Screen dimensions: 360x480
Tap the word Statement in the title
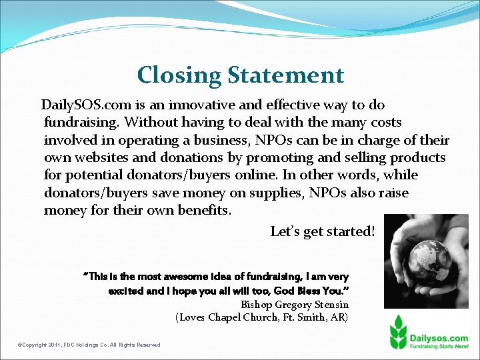(x=286, y=75)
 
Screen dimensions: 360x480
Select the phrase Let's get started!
(x=323, y=231)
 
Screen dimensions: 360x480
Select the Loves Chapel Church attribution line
(x=261, y=317)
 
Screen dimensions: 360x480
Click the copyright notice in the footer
(x=89, y=345)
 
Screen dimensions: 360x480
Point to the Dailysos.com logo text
(x=441, y=320)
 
